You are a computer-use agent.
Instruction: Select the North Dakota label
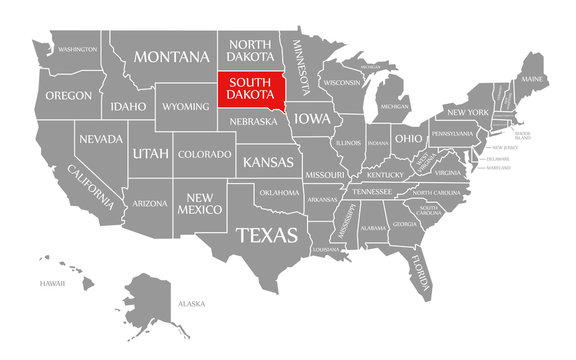(x=251, y=50)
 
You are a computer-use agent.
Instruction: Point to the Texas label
(x=266, y=235)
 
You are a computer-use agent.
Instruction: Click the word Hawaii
(x=52, y=283)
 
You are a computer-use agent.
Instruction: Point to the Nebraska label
(x=254, y=122)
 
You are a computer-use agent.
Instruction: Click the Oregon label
(x=68, y=96)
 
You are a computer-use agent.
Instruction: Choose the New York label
(x=467, y=111)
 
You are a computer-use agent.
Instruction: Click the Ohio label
(x=407, y=138)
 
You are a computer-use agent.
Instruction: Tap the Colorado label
(x=204, y=154)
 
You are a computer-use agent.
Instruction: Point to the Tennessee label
(x=373, y=191)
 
